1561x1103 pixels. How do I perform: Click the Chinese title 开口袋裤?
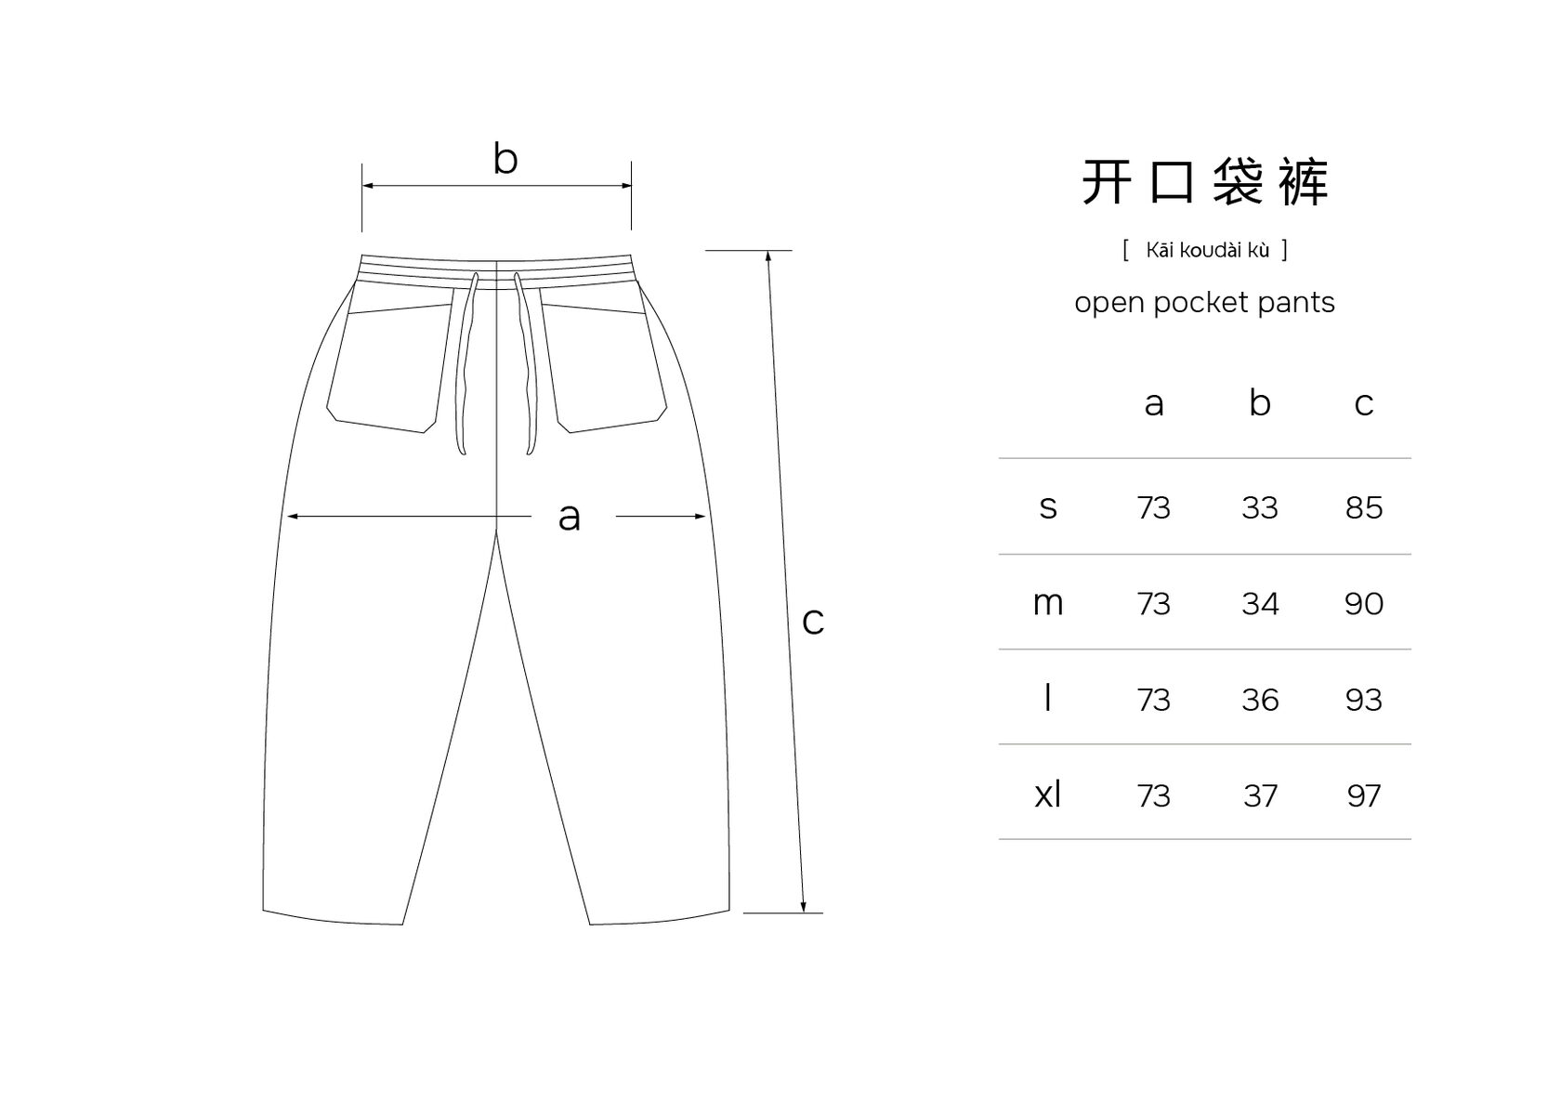pyautogui.click(x=1204, y=182)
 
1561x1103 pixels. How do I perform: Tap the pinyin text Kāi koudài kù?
pyautogui.click(x=1205, y=250)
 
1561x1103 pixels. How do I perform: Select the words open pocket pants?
pyautogui.click(x=1204, y=303)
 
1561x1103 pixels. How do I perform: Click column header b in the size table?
pyautogui.click(x=1259, y=403)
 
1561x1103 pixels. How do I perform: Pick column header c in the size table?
pyautogui.click(x=1363, y=403)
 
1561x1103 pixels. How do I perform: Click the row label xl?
pyautogui.click(x=1047, y=794)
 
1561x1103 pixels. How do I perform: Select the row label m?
pyautogui.click(x=1047, y=603)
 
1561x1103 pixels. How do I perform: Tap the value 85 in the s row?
pyautogui.click(x=1363, y=507)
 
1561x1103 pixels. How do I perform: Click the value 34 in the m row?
pyautogui.click(x=1259, y=604)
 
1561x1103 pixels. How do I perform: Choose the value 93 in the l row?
pyautogui.click(x=1363, y=700)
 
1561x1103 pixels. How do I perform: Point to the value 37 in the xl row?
pyautogui.click(x=1259, y=795)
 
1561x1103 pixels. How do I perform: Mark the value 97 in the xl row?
pyautogui.click(x=1363, y=795)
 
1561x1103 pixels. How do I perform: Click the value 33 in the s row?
pyautogui.click(x=1259, y=507)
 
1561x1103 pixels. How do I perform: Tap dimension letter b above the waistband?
pyautogui.click(x=505, y=159)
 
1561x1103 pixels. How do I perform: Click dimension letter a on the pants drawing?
pyautogui.click(x=569, y=517)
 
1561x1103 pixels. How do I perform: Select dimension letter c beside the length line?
pyautogui.click(x=812, y=621)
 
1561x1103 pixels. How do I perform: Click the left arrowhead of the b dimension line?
pyautogui.click(x=367, y=186)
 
